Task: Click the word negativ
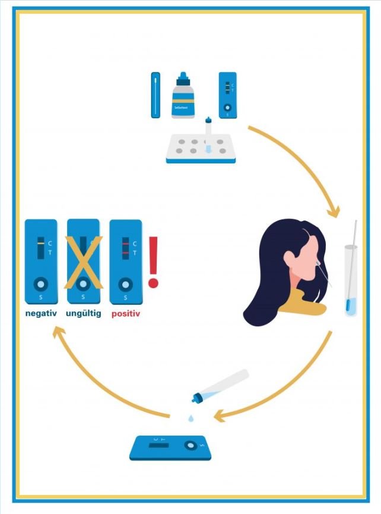click(41, 313)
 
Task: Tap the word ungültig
click(83, 313)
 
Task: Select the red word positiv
click(126, 313)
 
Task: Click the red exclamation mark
click(154, 261)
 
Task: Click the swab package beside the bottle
click(155, 95)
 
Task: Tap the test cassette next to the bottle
click(227, 95)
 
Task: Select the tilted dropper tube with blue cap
click(221, 385)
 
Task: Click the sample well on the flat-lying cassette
click(190, 444)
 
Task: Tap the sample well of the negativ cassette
click(41, 284)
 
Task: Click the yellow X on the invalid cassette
click(83, 261)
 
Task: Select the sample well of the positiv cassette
click(126, 284)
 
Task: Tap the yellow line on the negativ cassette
click(40, 244)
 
